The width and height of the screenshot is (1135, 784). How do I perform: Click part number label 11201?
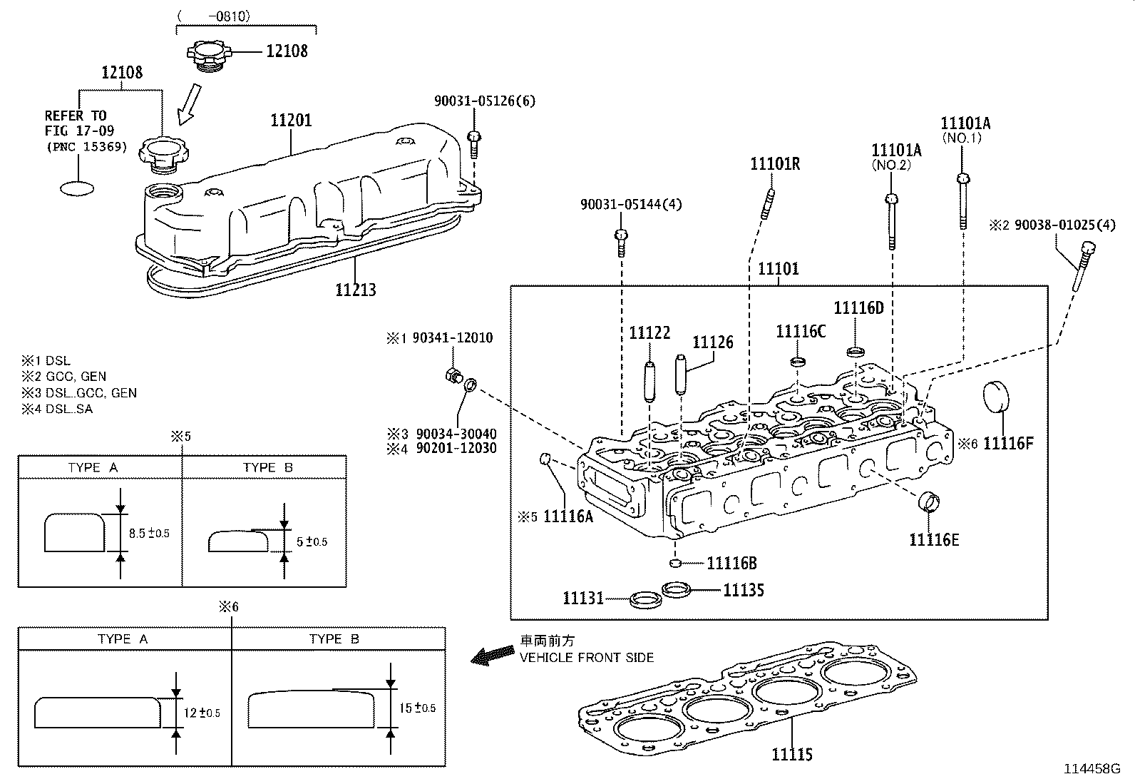click(291, 121)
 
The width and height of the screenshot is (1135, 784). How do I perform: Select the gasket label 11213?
click(356, 290)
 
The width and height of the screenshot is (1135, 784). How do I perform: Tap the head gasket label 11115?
click(791, 754)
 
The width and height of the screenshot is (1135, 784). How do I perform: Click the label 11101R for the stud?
click(774, 164)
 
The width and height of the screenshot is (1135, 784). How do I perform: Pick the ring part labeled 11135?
click(677, 589)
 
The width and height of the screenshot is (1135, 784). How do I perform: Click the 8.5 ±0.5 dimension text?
click(149, 533)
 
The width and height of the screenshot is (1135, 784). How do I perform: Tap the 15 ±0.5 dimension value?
click(418, 708)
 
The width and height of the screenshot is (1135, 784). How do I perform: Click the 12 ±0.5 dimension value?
click(202, 713)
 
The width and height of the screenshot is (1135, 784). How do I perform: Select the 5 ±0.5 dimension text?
click(311, 541)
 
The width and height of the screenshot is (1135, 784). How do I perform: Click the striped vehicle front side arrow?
click(493, 654)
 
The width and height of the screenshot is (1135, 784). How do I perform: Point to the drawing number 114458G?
click(1092, 768)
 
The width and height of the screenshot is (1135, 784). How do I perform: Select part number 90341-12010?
click(448, 337)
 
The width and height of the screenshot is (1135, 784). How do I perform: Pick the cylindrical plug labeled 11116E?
click(929, 502)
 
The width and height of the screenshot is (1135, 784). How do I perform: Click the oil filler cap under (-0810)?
click(210, 54)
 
